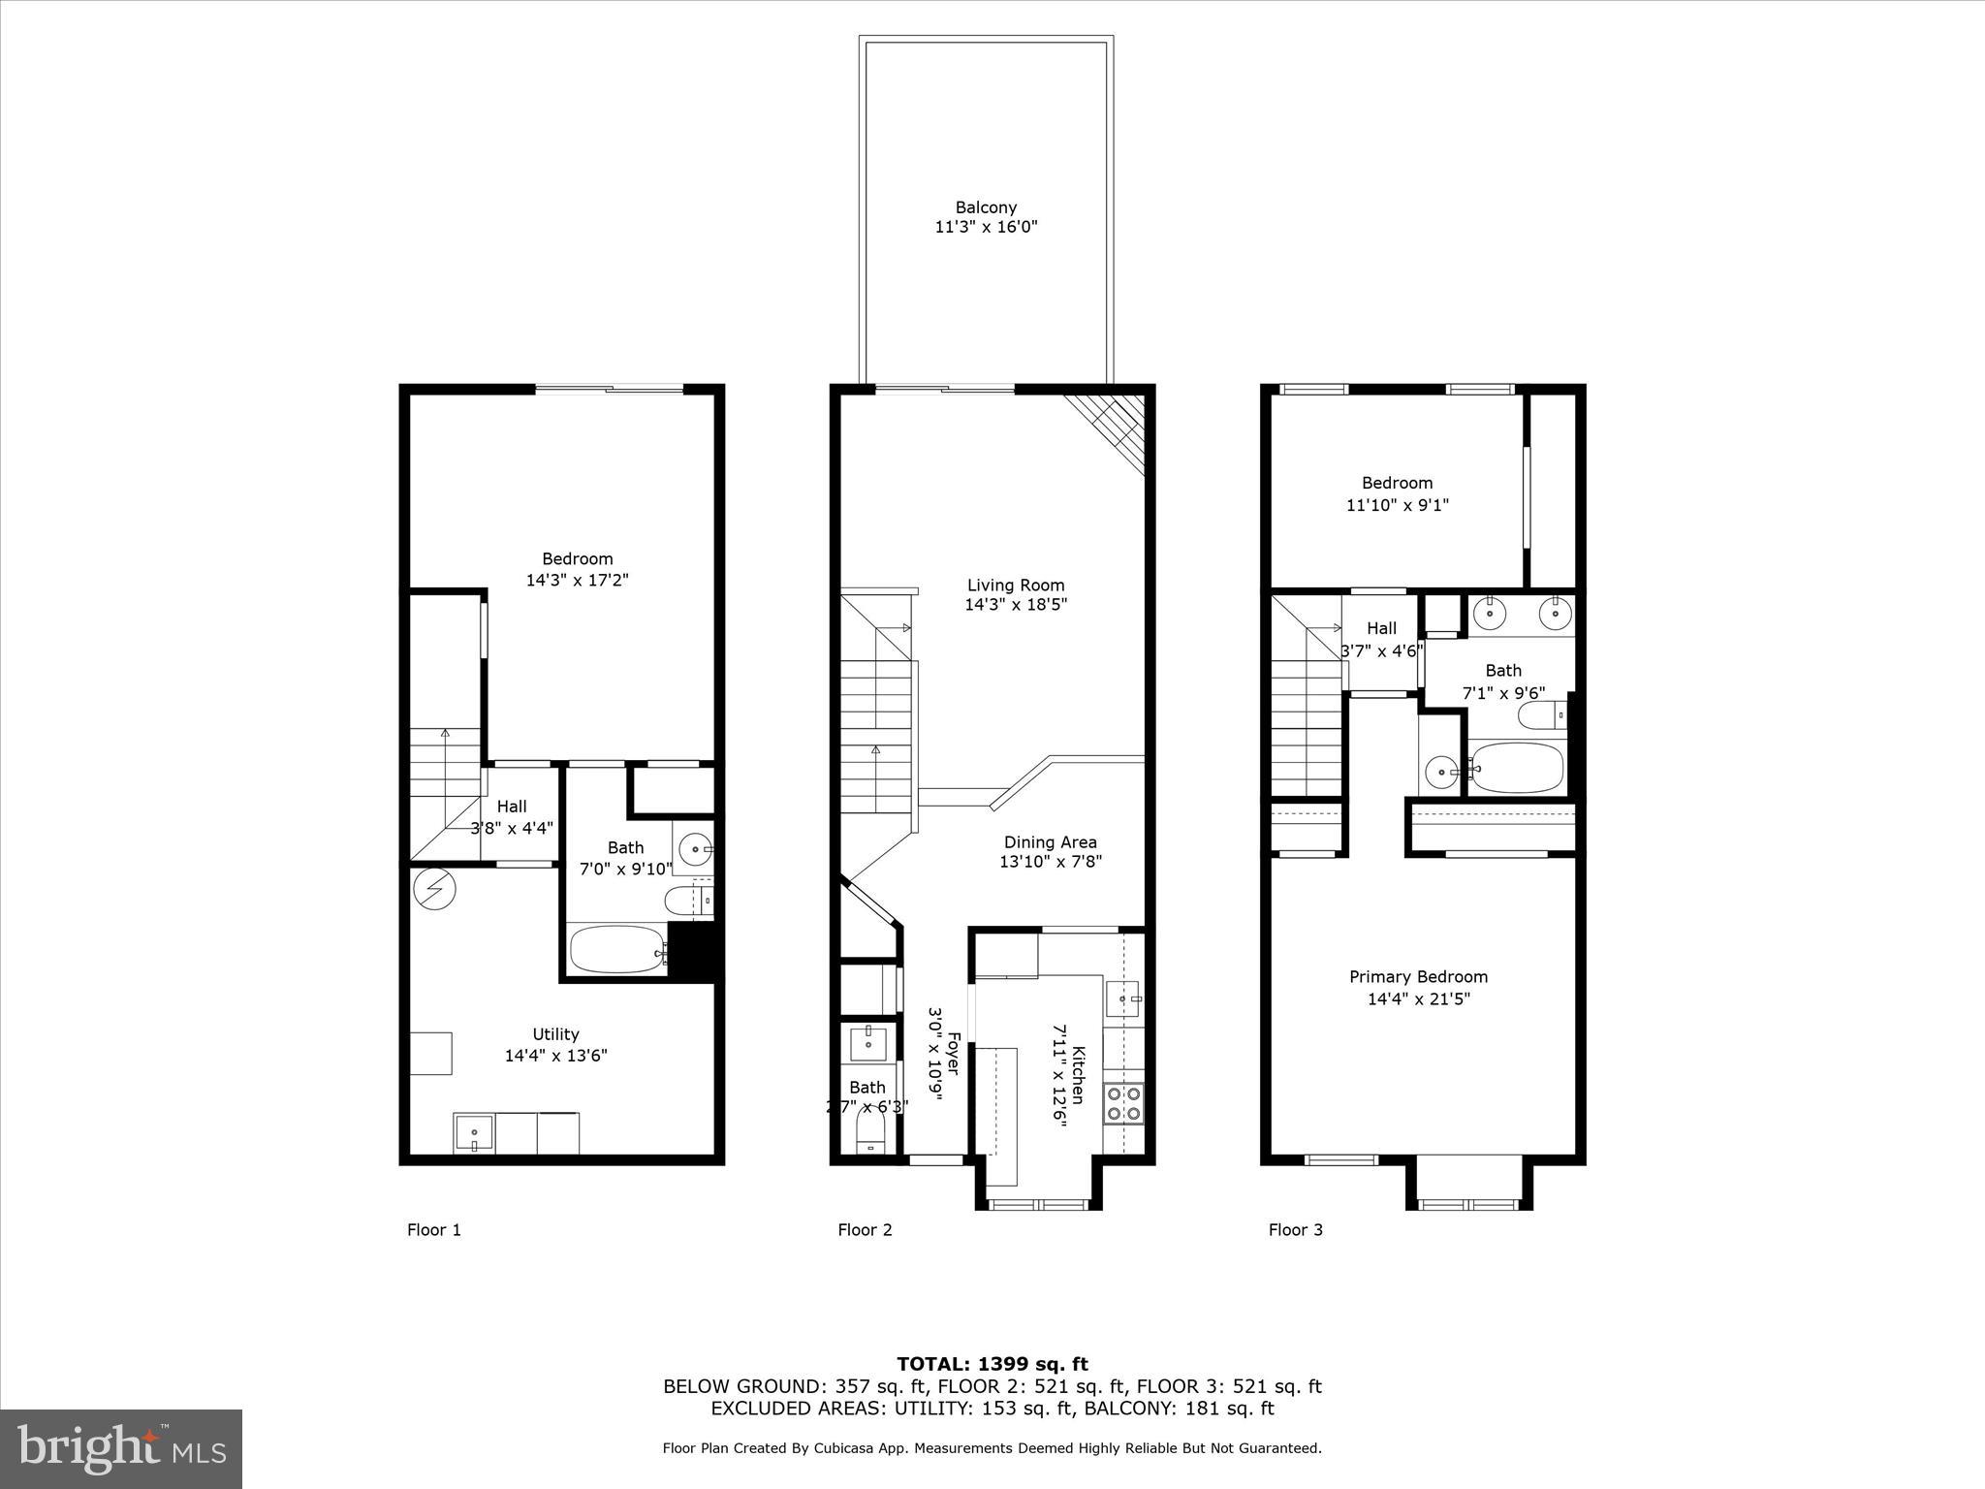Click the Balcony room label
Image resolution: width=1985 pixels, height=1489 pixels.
click(986, 207)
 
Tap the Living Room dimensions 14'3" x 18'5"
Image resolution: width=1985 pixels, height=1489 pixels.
click(1016, 605)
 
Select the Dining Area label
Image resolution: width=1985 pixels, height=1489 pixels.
click(1050, 842)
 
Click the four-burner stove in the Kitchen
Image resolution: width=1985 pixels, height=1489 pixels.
click(1122, 1103)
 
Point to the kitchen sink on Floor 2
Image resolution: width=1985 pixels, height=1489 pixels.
click(1123, 998)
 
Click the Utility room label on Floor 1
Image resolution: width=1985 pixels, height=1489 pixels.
click(555, 1034)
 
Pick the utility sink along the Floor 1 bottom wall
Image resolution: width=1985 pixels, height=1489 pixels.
click(474, 1133)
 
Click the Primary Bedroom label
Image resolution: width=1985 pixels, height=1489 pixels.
click(1418, 977)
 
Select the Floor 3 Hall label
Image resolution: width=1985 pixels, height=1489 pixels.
click(1381, 628)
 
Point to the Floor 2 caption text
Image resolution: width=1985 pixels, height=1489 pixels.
click(865, 1230)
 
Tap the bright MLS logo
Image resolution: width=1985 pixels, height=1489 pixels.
click(121, 1449)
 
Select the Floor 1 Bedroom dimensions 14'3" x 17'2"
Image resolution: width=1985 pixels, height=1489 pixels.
click(577, 581)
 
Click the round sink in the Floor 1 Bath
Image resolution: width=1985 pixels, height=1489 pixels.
click(694, 850)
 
